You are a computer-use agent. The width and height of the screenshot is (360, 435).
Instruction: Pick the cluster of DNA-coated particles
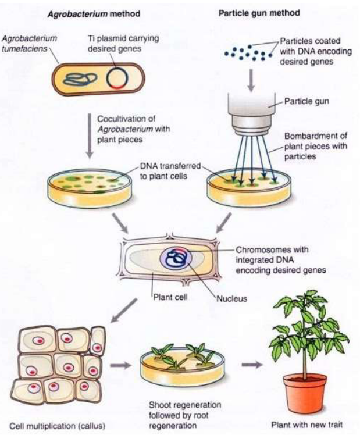coord(247,53)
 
